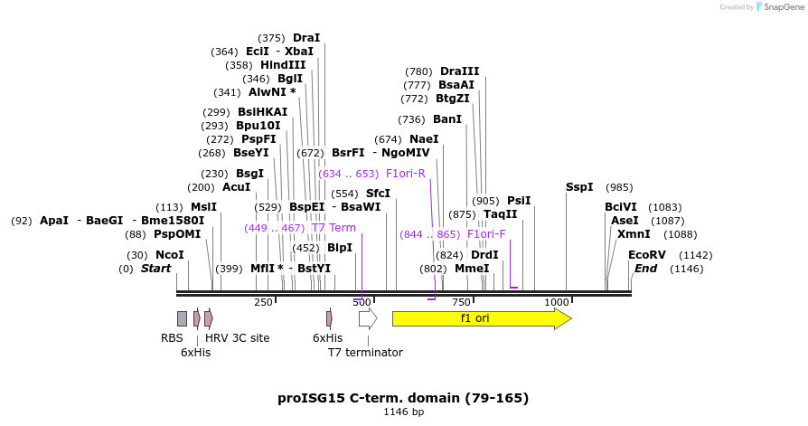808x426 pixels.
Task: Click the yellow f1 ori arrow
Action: pos(481,318)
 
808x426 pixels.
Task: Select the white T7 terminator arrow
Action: pos(367,318)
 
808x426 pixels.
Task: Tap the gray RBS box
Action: pos(182,318)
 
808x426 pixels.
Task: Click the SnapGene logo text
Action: pos(783,7)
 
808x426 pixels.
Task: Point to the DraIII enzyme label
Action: pos(459,71)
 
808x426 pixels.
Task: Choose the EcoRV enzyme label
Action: pos(646,255)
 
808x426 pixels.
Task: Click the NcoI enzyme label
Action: pos(169,255)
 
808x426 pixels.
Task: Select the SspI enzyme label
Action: pos(579,187)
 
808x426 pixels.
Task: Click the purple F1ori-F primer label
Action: pos(486,234)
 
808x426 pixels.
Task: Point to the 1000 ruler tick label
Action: pos(556,302)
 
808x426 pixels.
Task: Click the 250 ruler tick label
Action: pos(263,302)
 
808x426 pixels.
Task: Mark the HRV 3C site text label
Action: pos(237,338)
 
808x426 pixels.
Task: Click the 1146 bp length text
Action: pos(403,412)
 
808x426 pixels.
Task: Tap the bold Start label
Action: pos(155,269)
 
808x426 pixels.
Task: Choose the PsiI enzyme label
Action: pos(519,201)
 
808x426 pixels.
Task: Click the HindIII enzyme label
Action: pos(283,65)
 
